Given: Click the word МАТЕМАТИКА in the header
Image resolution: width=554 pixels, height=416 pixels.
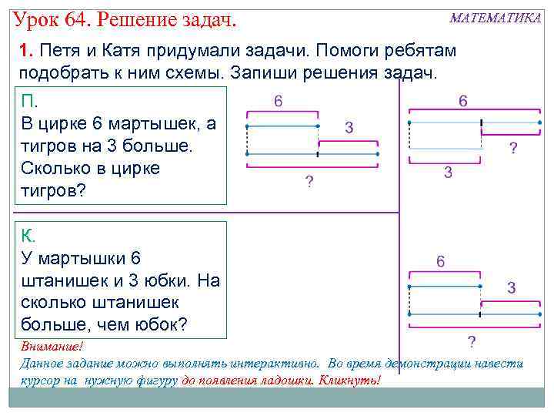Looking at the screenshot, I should tap(495, 18).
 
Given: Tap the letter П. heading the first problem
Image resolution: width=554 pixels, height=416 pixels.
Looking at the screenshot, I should tap(30, 102).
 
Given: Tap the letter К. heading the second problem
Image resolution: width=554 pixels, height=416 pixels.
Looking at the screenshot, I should tap(28, 237).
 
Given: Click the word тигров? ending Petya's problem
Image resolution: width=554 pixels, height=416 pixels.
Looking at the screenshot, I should tap(51, 190).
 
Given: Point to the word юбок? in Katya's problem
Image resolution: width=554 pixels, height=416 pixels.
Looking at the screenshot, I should tap(159, 324).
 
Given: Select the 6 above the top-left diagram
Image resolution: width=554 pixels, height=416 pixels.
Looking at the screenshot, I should tap(278, 101).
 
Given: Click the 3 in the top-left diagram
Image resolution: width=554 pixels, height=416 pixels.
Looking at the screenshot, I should tap(349, 127).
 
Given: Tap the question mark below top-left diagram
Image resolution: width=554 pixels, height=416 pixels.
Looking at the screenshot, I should tap(309, 182).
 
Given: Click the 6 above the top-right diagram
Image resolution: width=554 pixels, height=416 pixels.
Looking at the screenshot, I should tap(463, 101).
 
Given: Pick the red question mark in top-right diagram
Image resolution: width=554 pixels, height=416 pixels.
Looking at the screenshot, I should tap(513, 148).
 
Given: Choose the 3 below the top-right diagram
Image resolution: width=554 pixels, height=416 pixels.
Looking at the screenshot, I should tap(448, 173).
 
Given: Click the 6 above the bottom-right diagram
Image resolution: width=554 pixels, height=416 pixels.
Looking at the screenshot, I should tap(440, 261).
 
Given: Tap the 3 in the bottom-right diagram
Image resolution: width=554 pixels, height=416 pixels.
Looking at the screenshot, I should tap(511, 288).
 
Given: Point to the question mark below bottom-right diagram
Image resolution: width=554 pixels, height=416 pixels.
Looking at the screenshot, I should tap(471, 341).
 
